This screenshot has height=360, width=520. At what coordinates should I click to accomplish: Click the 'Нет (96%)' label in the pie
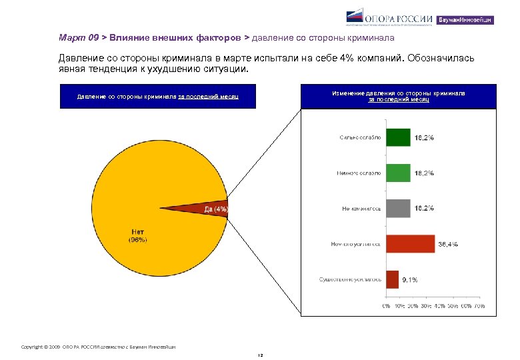[x=137, y=235]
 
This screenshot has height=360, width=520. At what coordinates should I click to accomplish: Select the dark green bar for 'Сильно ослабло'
[x=398, y=137]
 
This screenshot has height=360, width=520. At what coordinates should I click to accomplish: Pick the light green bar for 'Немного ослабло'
[x=398, y=173]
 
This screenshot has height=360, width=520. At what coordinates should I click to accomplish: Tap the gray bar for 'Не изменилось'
[x=398, y=209]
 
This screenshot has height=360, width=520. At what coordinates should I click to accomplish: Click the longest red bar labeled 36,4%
[x=410, y=244]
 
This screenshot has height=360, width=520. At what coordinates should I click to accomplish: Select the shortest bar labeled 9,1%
[x=392, y=279]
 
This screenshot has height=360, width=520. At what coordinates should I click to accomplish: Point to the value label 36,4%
[x=447, y=245]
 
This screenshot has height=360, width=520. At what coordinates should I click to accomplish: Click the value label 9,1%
[x=409, y=280]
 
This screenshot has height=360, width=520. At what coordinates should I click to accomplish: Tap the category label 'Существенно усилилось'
[x=350, y=279]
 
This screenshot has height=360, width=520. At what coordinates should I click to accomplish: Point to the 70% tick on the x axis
[x=479, y=306]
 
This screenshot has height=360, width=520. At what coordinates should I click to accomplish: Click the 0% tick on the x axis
[x=387, y=306]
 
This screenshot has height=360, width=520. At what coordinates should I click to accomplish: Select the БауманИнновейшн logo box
[x=465, y=20]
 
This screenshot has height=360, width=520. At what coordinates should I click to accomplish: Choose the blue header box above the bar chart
[x=398, y=96]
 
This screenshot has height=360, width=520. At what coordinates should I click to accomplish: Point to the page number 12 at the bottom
[x=260, y=355]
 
